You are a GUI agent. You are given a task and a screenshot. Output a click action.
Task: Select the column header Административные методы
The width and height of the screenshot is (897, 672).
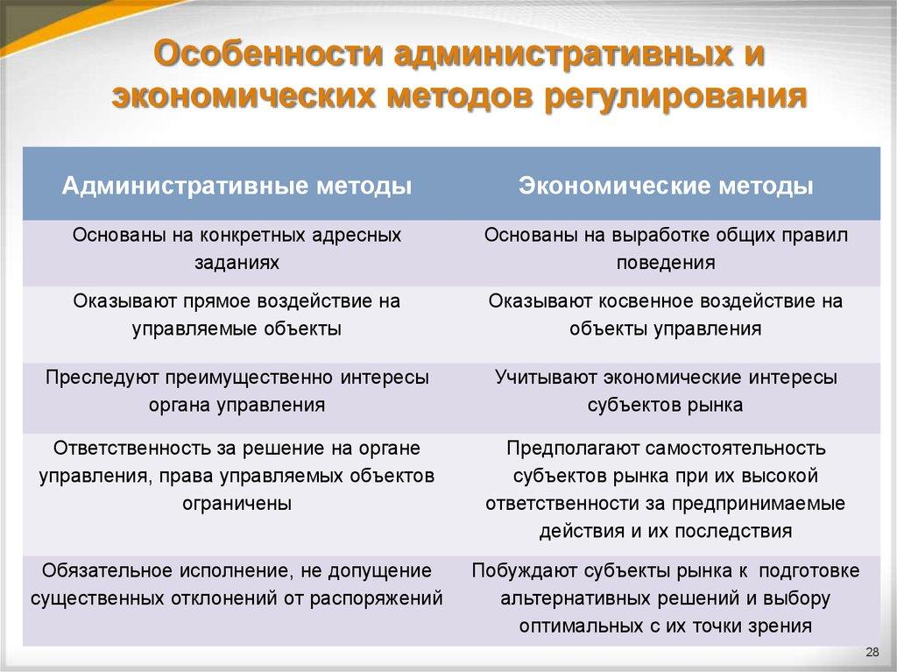[x=237, y=186]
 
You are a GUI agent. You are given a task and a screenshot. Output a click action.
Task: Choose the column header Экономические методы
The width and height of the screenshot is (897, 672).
[x=666, y=186]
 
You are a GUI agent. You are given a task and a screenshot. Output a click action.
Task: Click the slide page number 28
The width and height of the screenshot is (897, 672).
[x=872, y=652]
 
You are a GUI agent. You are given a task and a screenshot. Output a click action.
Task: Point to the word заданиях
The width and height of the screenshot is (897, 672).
[x=237, y=262]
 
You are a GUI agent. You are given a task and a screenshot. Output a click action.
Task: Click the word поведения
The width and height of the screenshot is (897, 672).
[x=666, y=262]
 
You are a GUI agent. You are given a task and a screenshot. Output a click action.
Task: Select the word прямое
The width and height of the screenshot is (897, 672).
[x=219, y=301]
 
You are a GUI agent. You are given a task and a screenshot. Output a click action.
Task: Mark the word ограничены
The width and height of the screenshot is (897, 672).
[x=237, y=504]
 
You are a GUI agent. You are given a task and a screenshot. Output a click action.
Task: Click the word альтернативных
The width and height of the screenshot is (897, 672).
[x=567, y=599]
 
